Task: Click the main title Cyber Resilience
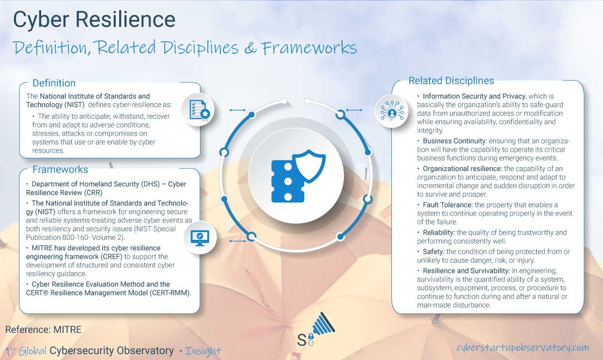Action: pos(94,20)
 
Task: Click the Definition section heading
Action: pos(54,83)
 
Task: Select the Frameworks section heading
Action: pos(60,170)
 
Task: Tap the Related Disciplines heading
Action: pos(451,81)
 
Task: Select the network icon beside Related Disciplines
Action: pos(392,111)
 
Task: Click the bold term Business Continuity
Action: pos(450,141)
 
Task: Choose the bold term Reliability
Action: pos(438,233)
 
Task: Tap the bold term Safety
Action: pos(433,251)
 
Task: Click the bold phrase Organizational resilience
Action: pos(462,169)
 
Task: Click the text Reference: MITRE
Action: pos(43,329)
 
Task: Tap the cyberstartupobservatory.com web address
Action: pos(522,347)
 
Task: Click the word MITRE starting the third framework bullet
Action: pos(43,248)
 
